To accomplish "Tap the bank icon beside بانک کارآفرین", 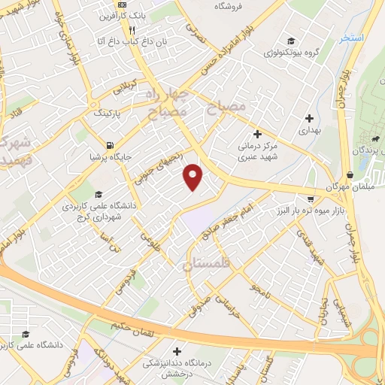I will (112, 15).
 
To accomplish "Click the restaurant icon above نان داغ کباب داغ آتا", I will (132, 31).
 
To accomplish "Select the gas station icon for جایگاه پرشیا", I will (111, 145).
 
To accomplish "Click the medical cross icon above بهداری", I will (310, 117).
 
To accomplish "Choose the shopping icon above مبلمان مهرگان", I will (350, 174).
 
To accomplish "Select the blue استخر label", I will (350, 38).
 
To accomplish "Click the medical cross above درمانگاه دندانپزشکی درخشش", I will (177, 350).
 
